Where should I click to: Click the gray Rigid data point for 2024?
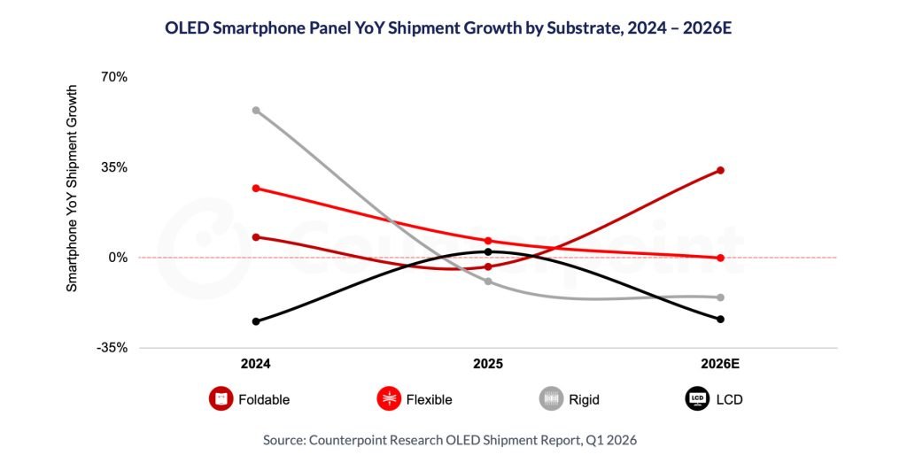click(256, 111)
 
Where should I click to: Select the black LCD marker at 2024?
click(256, 321)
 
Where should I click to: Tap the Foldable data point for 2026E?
click(720, 170)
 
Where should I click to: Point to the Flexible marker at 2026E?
click(720, 258)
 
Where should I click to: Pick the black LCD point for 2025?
click(488, 252)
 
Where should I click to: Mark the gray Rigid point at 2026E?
click(720, 297)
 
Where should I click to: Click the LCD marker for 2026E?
click(720, 320)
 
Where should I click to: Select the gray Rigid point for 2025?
click(488, 282)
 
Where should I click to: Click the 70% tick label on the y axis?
click(114, 77)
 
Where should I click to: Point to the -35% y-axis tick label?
click(112, 348)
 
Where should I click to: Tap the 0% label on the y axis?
click(118, 258)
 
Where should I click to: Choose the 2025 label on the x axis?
click(488, 364)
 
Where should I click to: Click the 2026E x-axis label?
click(719, 364)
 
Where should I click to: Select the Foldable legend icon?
click(221, 399)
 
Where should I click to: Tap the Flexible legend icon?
click(388, 399)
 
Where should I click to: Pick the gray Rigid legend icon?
click(552, 399)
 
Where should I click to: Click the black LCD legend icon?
click(697, 399)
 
